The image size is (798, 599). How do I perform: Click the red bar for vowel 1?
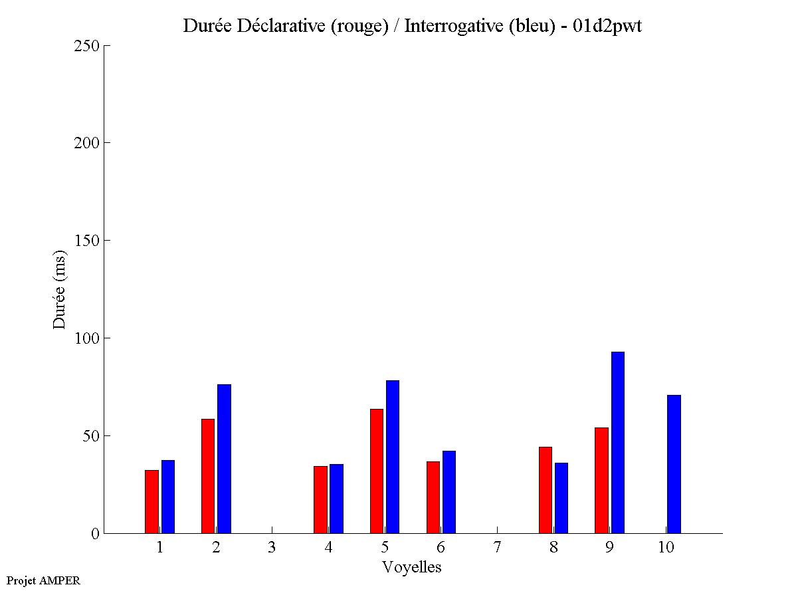(151, 501)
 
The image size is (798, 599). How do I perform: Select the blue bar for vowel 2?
(224, 459)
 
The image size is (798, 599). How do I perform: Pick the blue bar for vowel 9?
(618, 442)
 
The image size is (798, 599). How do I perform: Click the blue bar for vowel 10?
(674, 464)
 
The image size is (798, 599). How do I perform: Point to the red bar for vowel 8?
(546, 490)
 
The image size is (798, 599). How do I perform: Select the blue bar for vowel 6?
(449, 492)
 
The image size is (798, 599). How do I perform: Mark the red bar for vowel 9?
(601, 480)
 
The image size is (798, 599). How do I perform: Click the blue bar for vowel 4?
(336, 499)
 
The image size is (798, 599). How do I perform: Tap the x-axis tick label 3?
(272, 547)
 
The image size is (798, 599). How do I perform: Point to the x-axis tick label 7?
(497, 547)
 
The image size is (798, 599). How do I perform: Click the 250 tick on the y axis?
(86, 46)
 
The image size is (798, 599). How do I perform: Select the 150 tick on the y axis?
(86, 241)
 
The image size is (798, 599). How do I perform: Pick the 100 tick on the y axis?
(86, 338)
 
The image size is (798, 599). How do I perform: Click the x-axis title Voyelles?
(412, 567)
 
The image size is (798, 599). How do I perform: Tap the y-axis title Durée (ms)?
(60, 289)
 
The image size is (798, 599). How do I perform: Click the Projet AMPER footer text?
(43, 580)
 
